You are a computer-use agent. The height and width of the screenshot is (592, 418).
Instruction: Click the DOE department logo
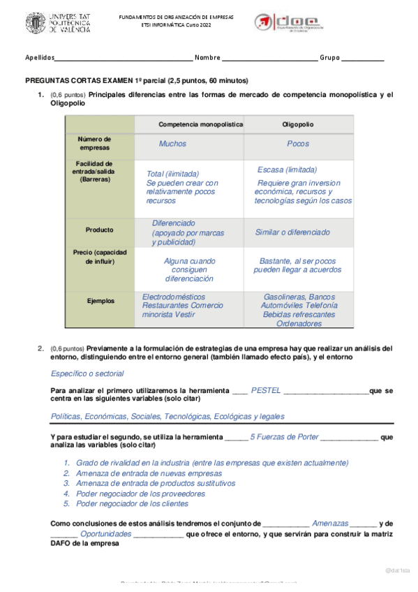point(286,24)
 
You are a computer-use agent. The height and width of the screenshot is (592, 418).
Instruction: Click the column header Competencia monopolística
point(201,124)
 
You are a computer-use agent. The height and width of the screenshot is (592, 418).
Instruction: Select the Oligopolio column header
point(298,124)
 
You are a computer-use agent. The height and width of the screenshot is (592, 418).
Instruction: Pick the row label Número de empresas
point(94,144)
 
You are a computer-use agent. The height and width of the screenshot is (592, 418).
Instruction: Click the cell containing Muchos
point(172,144)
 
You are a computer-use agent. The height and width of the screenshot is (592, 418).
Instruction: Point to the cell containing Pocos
point(298,144)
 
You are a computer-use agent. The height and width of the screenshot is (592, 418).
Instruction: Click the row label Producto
point(99,230)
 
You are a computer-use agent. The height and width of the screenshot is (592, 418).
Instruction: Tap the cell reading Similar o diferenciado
point(292,232)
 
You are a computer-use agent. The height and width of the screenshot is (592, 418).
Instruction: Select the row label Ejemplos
point(100,301)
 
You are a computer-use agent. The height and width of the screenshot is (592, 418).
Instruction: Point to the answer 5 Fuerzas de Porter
point(284,437)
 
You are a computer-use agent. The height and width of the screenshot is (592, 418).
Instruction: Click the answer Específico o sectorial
point(87,373)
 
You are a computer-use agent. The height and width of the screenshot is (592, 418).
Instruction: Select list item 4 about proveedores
point(130,493)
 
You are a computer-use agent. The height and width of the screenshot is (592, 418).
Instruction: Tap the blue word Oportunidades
point(105,533)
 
